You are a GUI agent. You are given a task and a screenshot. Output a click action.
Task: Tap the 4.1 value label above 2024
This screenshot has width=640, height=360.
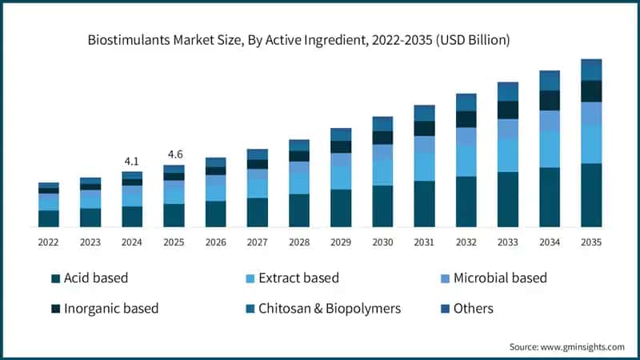[x=132, y=161]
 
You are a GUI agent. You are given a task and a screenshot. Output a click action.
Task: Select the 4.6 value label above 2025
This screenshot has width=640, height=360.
[x=174, y=154]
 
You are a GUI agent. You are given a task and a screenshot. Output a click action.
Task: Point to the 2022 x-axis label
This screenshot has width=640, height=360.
[x=49, y=242]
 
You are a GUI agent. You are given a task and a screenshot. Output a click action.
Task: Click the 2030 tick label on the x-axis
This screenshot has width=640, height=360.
[x=382, y=242]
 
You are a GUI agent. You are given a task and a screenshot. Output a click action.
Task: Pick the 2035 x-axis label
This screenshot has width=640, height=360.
[x=591, y=242]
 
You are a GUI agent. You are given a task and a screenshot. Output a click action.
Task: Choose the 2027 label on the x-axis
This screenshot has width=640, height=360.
[x=257, y=242]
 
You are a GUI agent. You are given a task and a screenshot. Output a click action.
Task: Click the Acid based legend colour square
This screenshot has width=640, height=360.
[x=55, y=278]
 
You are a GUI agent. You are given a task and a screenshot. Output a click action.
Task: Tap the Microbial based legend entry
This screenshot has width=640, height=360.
[x=500, y=278]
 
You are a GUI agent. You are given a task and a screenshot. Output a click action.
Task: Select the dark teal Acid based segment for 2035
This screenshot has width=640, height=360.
[x=591, y=196]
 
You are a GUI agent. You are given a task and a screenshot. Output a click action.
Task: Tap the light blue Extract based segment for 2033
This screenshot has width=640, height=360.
[x=508, y=154]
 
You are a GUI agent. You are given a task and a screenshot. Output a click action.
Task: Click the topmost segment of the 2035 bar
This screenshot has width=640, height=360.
[x=591, y=70]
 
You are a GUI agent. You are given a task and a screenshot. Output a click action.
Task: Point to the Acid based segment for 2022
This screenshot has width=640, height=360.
[x=49, y=219]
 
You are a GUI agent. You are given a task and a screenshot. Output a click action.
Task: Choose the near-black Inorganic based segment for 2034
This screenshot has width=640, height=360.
[x=550, y=100]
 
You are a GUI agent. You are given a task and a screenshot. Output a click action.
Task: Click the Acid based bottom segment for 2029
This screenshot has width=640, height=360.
[x=341, y=209]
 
